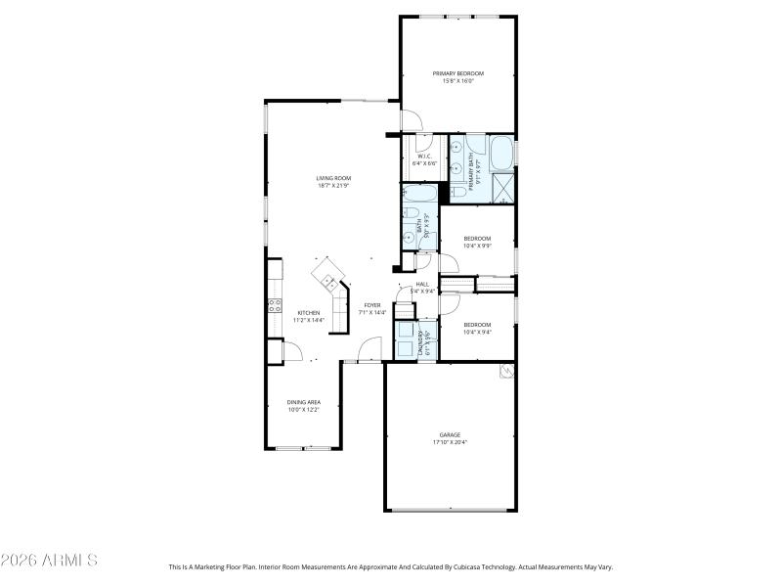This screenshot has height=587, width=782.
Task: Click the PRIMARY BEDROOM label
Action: click(x=458, y=73)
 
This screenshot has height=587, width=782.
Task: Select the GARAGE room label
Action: click(x=450, y=434)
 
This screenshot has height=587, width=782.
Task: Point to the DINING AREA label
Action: click(x=304, y=402)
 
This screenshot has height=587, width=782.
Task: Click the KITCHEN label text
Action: click(x=308, y=313)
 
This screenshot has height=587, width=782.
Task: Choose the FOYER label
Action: click(x=372, y=305)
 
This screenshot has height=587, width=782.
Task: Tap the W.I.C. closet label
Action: click(x=424, y=157)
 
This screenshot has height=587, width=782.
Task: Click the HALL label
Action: click(x=422, y=284)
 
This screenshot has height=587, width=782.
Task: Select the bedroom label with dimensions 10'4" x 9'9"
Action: click(x=477, y=239)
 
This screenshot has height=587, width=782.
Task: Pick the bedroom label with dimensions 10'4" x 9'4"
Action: click(x=477, y=325)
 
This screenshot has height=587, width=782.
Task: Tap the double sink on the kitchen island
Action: click(x=329, y=284)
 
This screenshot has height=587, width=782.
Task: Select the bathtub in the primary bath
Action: click(x=500, y=154)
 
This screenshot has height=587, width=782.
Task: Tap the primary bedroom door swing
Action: click(x=412, y=120)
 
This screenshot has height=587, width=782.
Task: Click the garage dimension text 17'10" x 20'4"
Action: click(x=450, y=442)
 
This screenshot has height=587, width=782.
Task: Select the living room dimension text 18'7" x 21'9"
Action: click(x=333, y=186)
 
